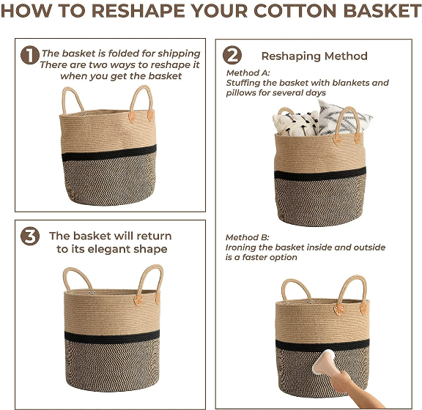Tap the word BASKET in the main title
pyautogui.click(x=382, y=11)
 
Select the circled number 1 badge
pyautogui.click(x=30, y=56)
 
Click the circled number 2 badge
pyautogui.click(x=232, y=55)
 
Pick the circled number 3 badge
pyautogui.click(x=30, y=236)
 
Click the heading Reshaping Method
pyautogui.click(x=314, y=56)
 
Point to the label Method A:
pyautogui.click(x=248, y=72)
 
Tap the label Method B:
pyautogui.click(x=248, y=237)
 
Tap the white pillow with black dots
pyautogui.click(x=295, y=123)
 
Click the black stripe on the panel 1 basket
pyautogui.click(x=109, y=153)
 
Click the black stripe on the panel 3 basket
pyautogui.click(x=111, y=338)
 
